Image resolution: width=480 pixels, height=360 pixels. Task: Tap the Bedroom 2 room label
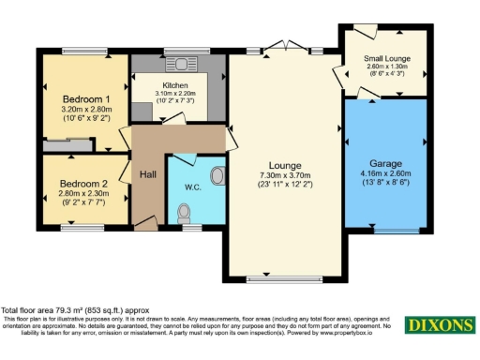(x=84, y=184)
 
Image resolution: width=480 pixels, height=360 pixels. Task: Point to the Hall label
(x=148, y=174)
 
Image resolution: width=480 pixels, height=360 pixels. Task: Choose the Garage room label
(x=385, y=161)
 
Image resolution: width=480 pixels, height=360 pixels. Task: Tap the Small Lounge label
(x=386, y=58)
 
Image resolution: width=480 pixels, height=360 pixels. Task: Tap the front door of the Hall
(x=145, y=223)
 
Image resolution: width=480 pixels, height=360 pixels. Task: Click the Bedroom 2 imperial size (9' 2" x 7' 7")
(x=84, y=202)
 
